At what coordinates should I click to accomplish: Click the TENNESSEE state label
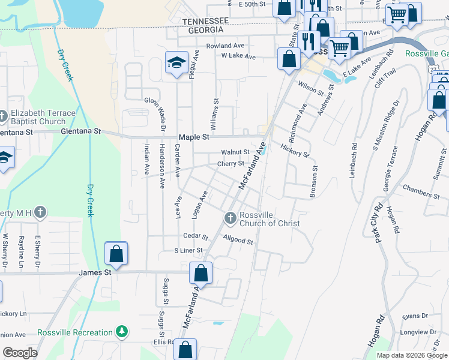[206, 21]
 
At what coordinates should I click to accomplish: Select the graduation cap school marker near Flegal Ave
[176, 64]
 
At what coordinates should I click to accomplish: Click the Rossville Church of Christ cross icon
[229, 219]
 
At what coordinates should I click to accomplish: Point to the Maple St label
[196, 137]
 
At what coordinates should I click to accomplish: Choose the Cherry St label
[231, 163]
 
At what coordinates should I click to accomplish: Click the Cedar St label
[196, 237]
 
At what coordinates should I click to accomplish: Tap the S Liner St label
[188, 250]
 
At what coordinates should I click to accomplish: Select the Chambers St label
[421, 192]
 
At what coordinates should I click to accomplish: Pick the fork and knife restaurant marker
[309, 41]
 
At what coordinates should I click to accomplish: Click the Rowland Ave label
[225, 46]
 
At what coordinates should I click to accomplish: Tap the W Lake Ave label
[238, 56]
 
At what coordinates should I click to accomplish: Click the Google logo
[20, 353]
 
